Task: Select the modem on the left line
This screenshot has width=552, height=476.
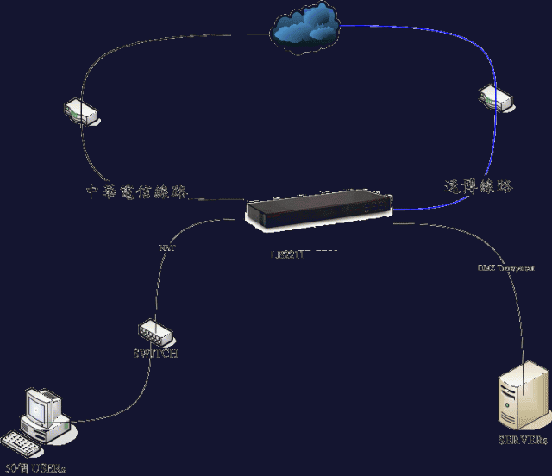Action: [81, 112]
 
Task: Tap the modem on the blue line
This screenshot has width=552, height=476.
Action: [498, 97]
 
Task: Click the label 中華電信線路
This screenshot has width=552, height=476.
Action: [138, 190]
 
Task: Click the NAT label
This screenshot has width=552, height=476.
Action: [166, 248]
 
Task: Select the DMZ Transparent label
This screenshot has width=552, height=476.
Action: [506, 268]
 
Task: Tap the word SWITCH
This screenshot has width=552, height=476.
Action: [156, 354]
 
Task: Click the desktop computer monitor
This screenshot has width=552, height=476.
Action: [42, 405]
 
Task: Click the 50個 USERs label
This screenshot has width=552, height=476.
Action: [36, 468]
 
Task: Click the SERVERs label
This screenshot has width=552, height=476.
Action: [523, 441]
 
